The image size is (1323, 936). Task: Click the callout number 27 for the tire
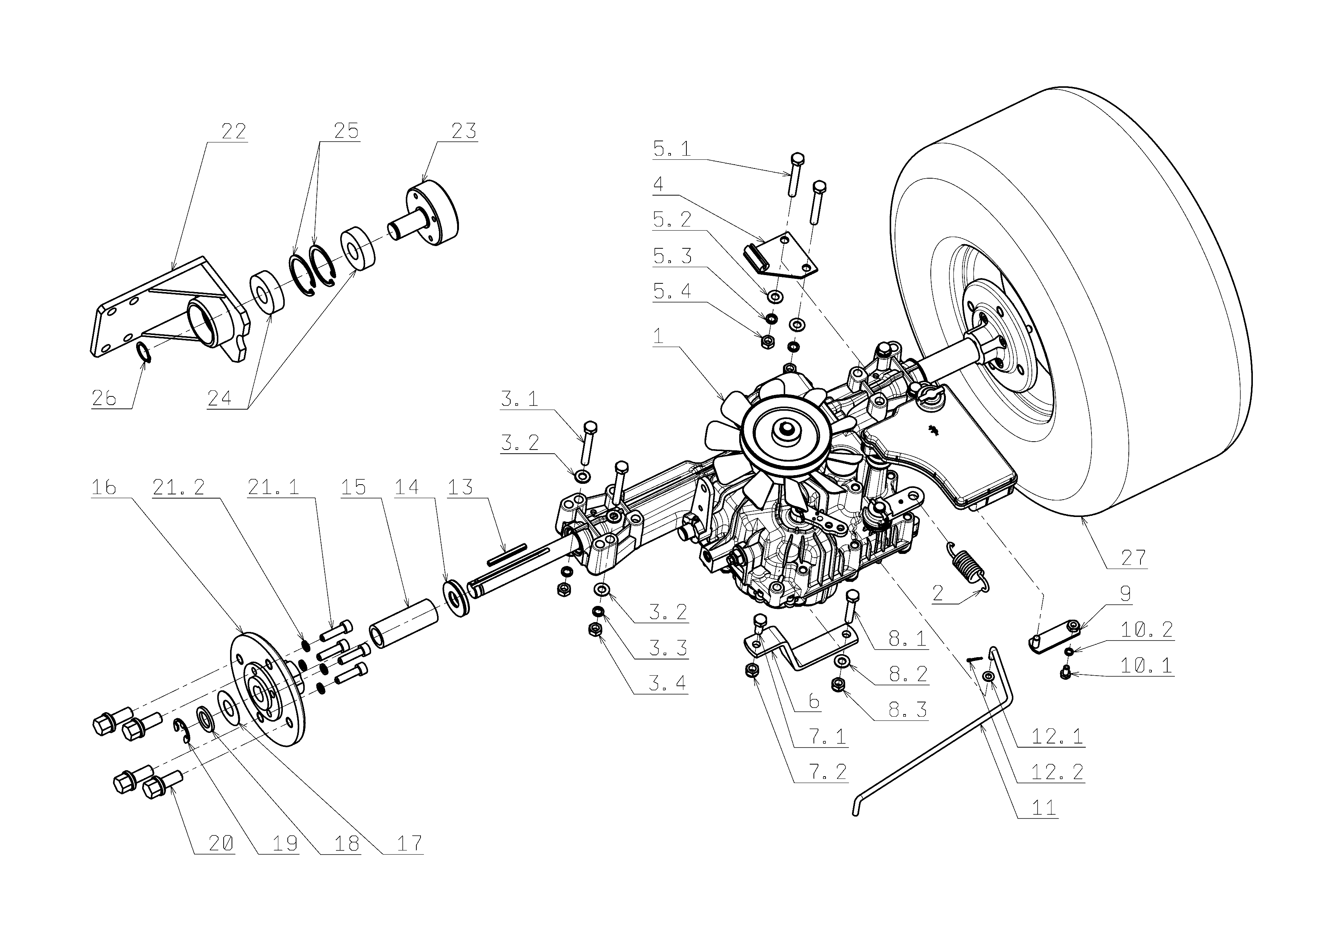(x=1133, y=557)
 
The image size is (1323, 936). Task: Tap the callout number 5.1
(x=671, y=149)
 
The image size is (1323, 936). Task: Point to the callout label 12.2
(x=1057, y=771)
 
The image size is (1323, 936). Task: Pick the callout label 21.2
(x=179, y=488)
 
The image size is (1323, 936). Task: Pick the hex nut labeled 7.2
(x=752, y=669)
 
